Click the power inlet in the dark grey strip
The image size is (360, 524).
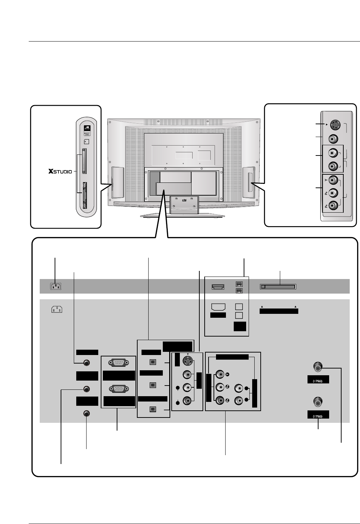tap(55, 286)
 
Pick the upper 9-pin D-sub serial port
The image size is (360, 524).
tap(119, 363)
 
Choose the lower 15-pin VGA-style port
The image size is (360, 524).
tap(119, 389)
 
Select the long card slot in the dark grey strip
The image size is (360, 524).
tap(278, 286)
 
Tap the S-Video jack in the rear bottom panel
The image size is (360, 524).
tap(187, 362)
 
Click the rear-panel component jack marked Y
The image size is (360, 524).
tap(221, 374)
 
